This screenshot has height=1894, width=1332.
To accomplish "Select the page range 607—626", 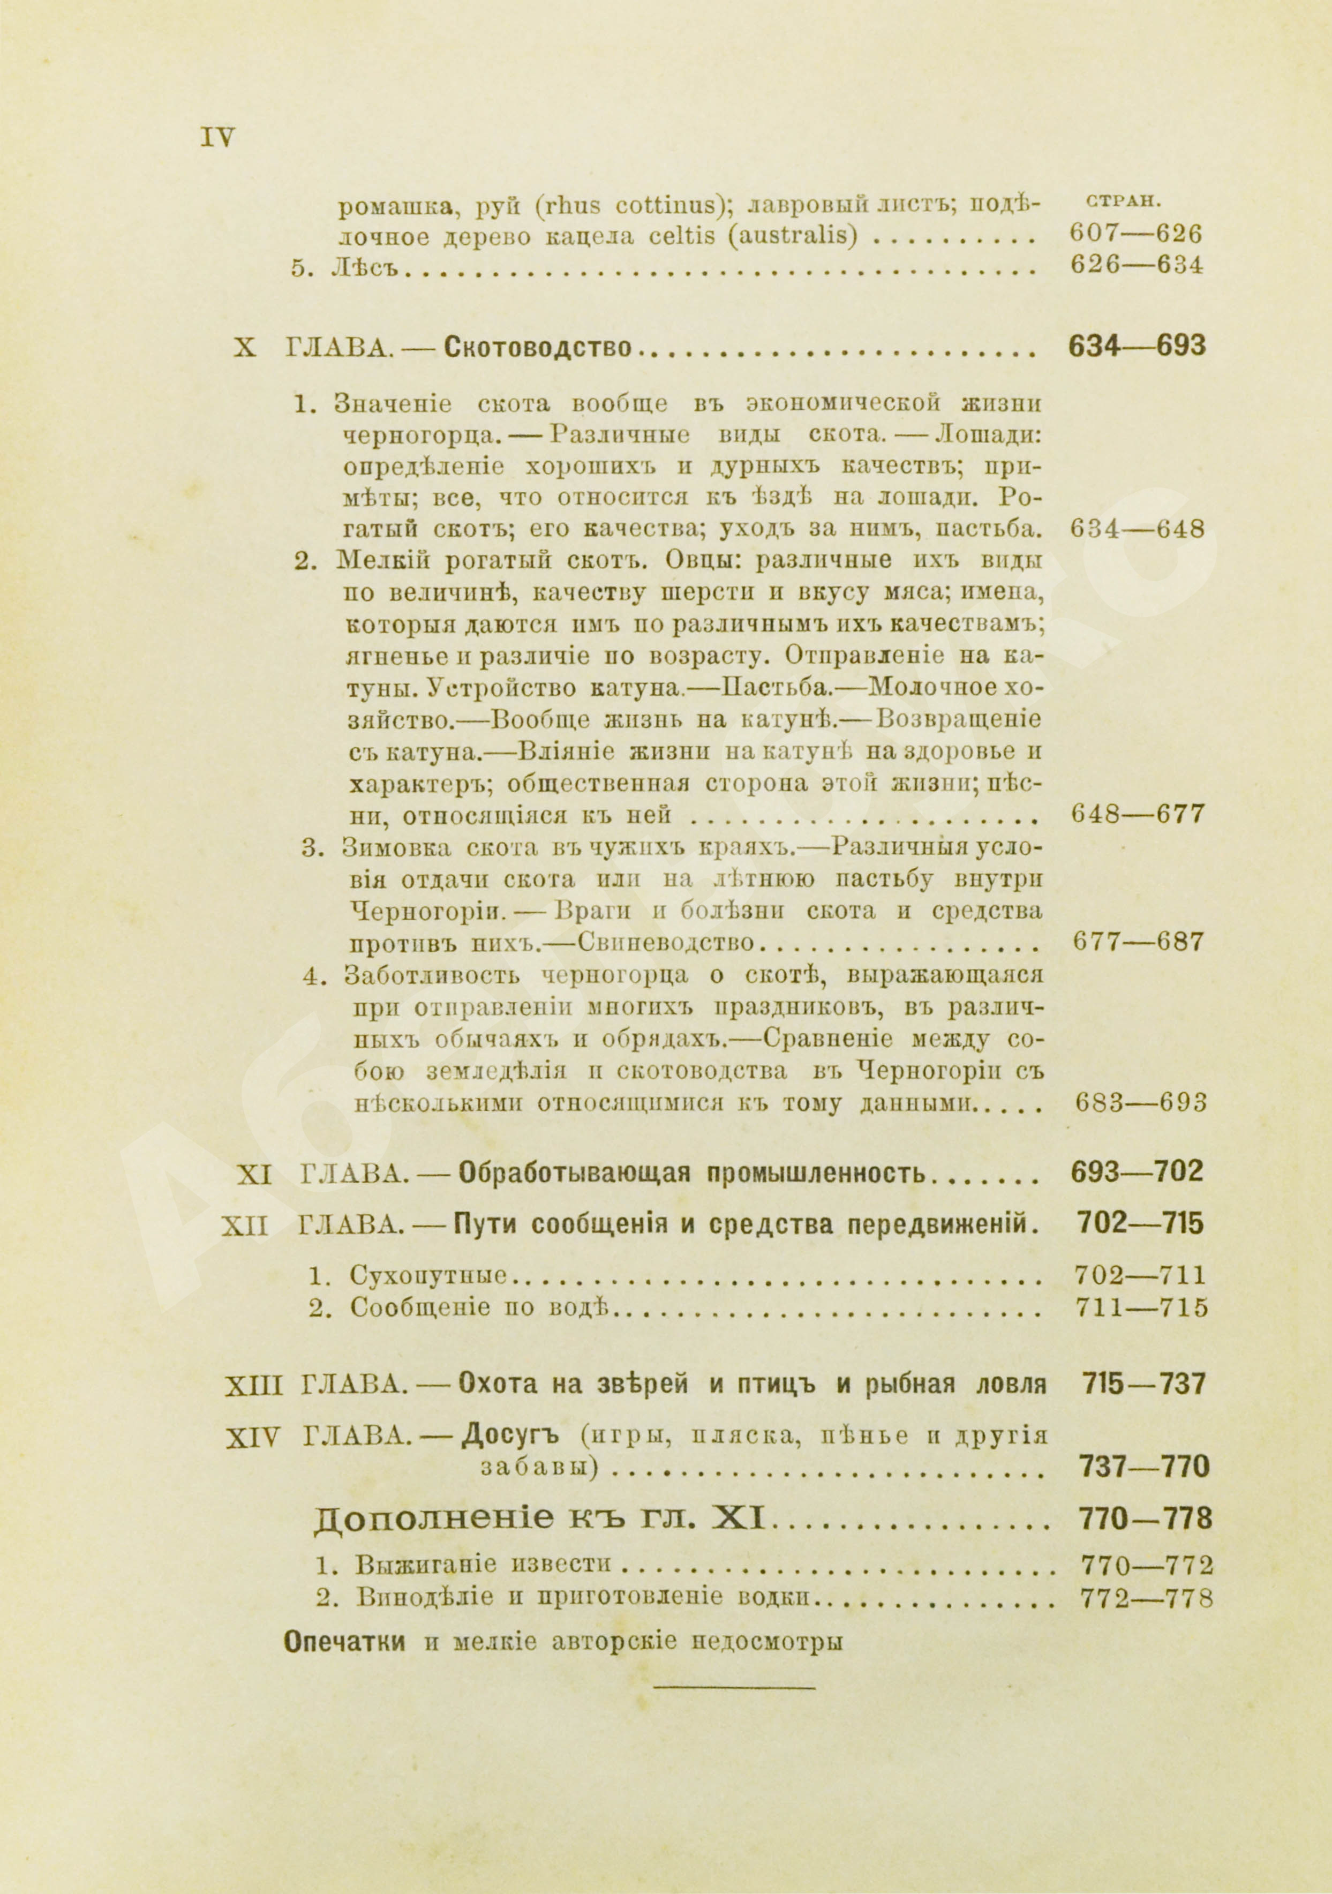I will tap(1135, 234).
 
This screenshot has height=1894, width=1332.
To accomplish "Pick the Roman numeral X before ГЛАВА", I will tap(245, 348).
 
